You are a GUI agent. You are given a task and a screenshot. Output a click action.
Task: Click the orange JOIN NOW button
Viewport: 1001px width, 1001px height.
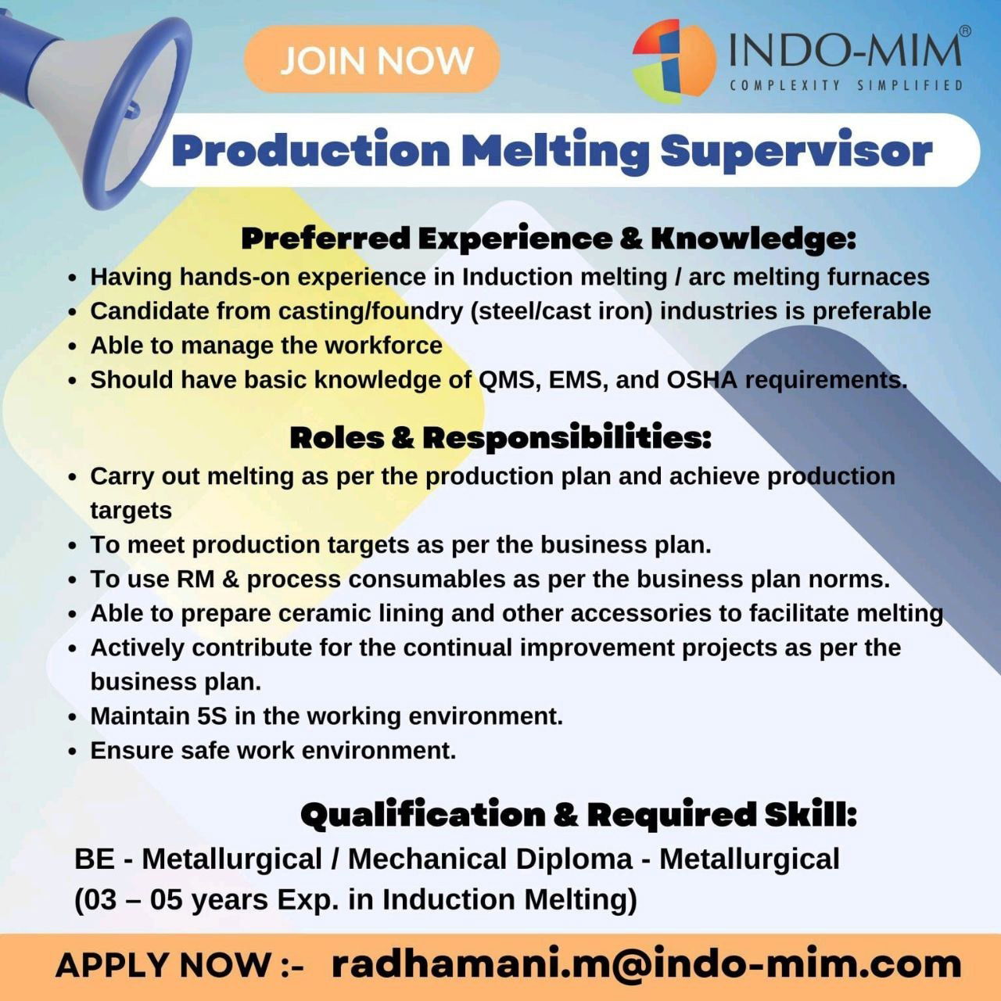click(x=372, y=59)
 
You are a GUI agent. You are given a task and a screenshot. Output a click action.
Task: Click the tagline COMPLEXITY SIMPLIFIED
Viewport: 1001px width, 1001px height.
click(x=846, y=86)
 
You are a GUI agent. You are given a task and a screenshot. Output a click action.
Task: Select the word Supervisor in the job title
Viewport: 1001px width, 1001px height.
click(x=796, y=151)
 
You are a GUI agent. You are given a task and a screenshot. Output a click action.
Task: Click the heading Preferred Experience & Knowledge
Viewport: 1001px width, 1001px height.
click(x=548, y=239)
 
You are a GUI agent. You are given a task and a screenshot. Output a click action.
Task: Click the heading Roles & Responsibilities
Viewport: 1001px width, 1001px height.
click(x=500, y=437)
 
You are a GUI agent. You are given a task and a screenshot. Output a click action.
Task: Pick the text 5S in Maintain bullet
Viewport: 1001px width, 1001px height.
click(x=212, y=716)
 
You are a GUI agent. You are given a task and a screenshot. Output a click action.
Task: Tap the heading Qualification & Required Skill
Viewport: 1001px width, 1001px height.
click(x=578, y=814)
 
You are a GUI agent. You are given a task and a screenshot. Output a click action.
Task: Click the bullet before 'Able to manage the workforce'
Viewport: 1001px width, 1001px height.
click(x=73, y=346)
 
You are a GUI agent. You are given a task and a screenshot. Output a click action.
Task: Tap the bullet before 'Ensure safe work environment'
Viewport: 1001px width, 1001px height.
click(x=73, y=752)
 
